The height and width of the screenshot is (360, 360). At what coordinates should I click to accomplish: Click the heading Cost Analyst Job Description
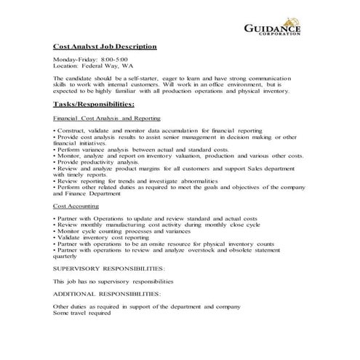coord(105,47)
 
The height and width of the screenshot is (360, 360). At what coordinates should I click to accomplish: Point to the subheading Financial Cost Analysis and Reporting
coord(107,118)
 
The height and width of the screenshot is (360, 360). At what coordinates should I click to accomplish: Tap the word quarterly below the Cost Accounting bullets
coord(66,255)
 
